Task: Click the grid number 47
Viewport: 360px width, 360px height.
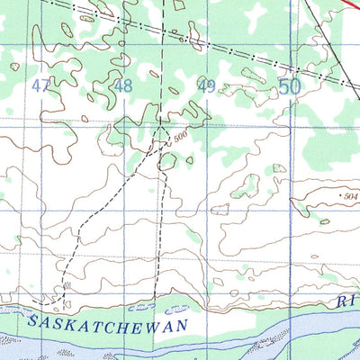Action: pyautogui.click(x=40, y=86)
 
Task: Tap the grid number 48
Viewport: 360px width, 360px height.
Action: pyautogui.click(x=123, y=86)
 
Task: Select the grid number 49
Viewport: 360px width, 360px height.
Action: pyautogui.click(x=206, y=86)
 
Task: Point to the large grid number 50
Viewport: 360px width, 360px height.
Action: pyautogui.click(x=289, y=86)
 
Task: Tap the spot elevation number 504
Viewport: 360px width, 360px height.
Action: pyautogui.click(x=350, y=195)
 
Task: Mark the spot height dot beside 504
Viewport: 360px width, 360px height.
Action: pyautogui.click(x=337, y=195)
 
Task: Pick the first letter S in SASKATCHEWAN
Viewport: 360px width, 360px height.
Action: pyautogui.click(x=33, y=320)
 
